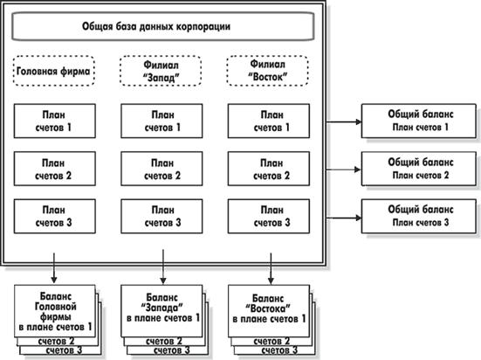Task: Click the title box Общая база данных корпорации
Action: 162,26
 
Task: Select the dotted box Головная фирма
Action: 54,71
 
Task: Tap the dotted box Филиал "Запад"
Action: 161,71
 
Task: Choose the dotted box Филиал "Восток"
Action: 267,71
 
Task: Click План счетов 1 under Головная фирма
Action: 55,121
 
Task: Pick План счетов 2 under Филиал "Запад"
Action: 161,169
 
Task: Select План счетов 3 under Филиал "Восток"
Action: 268,216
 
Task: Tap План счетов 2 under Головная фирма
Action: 55,169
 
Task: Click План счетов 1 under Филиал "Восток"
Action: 268,121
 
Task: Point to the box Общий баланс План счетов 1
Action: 419,121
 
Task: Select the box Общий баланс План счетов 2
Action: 419,169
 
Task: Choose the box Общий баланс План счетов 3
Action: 419,216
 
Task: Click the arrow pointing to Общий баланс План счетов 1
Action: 344,122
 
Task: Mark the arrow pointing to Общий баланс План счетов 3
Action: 344,218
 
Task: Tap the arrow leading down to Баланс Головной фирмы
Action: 54,268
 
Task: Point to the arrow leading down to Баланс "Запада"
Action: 163,267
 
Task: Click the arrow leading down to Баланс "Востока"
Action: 271,268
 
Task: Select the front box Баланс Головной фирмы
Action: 55,311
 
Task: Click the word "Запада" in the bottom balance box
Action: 162,308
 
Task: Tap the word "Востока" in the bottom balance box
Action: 268,308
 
